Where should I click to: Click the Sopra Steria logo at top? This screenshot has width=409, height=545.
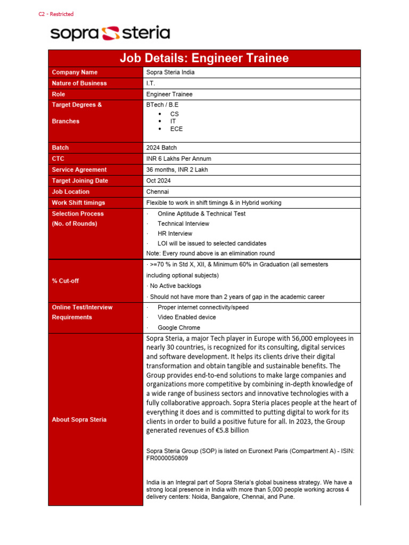(x=110, y=34)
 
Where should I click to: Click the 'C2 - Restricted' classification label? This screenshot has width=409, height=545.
(x=56, y=14)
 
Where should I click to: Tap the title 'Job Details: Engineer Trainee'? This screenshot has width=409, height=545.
(x=204, y=58)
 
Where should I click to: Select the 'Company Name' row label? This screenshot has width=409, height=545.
(x=75, y=72)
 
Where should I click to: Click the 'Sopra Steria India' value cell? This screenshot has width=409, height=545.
(x=170, y=72)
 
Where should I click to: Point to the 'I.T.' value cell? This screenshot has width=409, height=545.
(x=151, y=83)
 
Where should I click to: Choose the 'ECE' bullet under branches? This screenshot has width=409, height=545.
(x=176, y=129)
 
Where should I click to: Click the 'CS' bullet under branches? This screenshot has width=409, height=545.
(x=174, y=114)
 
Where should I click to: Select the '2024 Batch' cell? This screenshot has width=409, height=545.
(x=161, y=147)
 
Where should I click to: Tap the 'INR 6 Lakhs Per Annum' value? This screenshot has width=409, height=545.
(x=178, y=159)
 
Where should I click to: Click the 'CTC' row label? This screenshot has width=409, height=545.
(x=58, y=159)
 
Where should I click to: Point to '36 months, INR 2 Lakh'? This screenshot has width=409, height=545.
(x=177, y=170)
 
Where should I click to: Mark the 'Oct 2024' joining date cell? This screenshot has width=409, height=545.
(x=159, y=180)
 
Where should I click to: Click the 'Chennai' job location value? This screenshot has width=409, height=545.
(x=158, y=192)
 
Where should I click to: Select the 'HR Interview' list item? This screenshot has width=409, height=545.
(x=175, y=233)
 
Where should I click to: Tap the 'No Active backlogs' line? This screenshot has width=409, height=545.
(x=175, y=286)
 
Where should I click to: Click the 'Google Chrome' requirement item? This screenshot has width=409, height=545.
(x=179, y=328)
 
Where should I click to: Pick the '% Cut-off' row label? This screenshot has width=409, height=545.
(x=65, y=280)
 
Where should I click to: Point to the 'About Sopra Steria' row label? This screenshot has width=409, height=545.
(x=79, y=419)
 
